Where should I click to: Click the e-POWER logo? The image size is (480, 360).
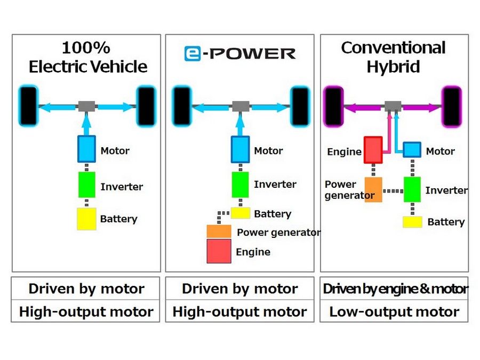tap(239, 53)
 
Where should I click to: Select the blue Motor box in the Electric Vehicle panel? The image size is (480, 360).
tap(86, 149)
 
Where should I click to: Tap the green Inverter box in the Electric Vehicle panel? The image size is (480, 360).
tap(86, 185)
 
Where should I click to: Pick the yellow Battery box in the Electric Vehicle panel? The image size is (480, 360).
tap(86, 219)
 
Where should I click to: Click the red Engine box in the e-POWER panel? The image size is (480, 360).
tap(219, 251)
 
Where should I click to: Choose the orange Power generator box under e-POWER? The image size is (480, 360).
tap(219, 231)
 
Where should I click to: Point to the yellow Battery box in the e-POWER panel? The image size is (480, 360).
tap(241, 213)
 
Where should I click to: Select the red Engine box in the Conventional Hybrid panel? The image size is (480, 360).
tap(373, 150)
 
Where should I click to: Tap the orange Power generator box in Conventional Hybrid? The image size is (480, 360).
tap(373, 189)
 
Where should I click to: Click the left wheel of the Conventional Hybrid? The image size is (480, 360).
tap(334, 107)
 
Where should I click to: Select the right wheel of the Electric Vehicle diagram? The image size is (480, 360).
tap(146, 106)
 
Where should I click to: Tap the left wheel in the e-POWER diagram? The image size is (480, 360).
tap(181, 106)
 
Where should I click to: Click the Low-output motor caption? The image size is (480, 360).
tap(394, 312)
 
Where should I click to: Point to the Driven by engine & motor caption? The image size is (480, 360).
tap(395, 289)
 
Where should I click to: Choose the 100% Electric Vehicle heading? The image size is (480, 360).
tap(87, 57)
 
